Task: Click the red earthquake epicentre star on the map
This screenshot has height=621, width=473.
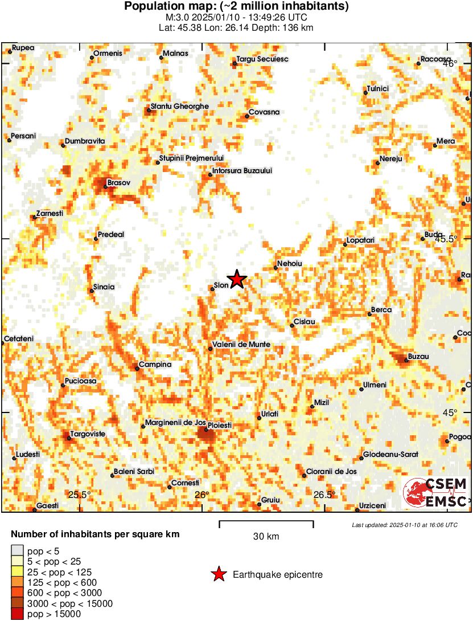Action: click(x=237, y=279)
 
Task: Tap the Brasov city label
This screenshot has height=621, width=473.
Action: click(x=119, y=182)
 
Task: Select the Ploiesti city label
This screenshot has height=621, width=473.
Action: click(x=219, y=426)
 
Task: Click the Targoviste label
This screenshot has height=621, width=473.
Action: click(x=87, y=434)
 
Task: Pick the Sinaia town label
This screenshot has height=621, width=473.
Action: click(x=104, y=287)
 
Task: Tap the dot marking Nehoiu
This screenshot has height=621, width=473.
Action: click(x=275, y=267)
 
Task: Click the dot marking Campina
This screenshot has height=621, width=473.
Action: click(x=137, y=369)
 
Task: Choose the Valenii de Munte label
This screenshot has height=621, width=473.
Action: click(x=241, y=345)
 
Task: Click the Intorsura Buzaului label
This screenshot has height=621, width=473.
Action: click(x=242, y=170)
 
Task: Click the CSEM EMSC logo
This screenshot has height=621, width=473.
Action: click(x=437, y=493)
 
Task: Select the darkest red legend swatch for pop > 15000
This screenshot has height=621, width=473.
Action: click(x=17, y=614)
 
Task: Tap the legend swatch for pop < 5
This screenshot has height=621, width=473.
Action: click(x=17, y=550)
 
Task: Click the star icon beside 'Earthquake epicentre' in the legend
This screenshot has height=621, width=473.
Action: click(x=219, y=575)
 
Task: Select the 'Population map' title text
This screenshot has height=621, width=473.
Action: click(x=236, y=6)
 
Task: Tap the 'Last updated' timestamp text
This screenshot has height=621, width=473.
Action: click(x=405, y=525)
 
